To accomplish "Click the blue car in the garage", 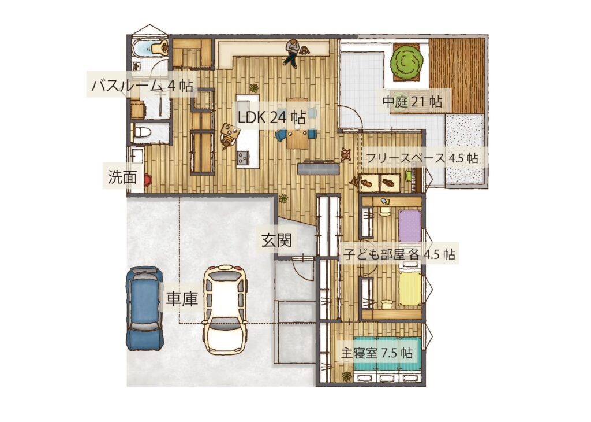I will point(144,308).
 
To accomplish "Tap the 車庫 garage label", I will point(182,299).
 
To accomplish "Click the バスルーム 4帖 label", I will point(142,86).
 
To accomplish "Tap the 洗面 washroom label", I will point(122,177).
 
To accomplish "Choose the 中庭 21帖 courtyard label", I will point(412,102).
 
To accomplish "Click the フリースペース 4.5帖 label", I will point(422,157).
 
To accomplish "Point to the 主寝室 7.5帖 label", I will point(377,353).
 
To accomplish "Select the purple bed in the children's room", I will point(410,226).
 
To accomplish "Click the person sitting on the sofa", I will point(293,52).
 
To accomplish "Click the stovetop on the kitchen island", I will point(243,156).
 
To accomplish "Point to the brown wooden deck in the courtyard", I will point(457,75).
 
